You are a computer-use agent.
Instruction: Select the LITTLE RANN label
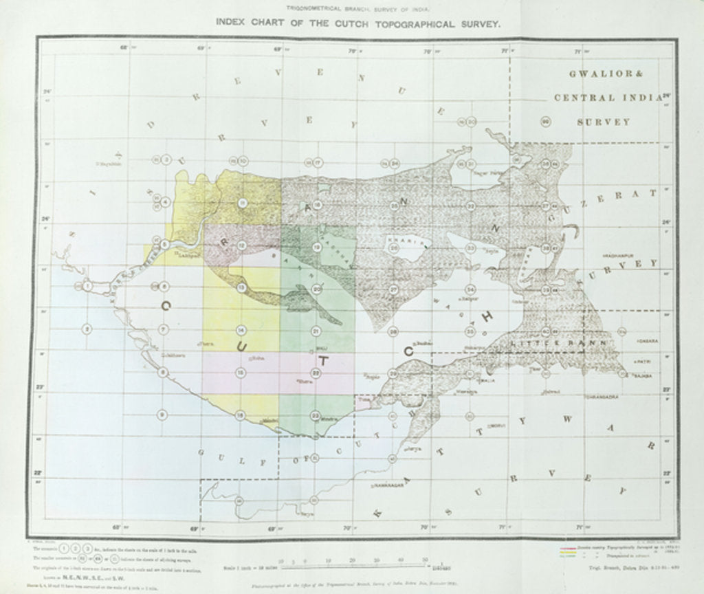pyautogui.click(x=560, y=342)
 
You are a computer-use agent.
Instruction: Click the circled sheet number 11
pyautogui.click(x=242, y=203)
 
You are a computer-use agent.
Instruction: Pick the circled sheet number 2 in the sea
pyautogui.click(x=87, y=329)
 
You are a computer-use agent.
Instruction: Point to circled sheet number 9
pyautogui.click(x=163, y=415)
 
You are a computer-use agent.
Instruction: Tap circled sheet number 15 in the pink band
pyautogui.click(x=241, y=372)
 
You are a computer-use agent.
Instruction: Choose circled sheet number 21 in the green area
pyautogui.click(x=316, y=331)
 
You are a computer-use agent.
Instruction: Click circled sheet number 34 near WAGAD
pyautogui.click(x=470, y=289)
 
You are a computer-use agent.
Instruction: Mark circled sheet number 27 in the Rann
pyautogui.click(x=393, y=289)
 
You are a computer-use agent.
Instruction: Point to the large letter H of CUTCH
pyautogui.click(x=488, y=316)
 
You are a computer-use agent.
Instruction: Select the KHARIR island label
pyautogui.click(x=399, y=241)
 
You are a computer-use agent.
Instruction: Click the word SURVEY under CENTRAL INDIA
pyautogui.click(x=604, y=122)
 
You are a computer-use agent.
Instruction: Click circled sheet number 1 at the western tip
pyautogui.click(x=87, y=285)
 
